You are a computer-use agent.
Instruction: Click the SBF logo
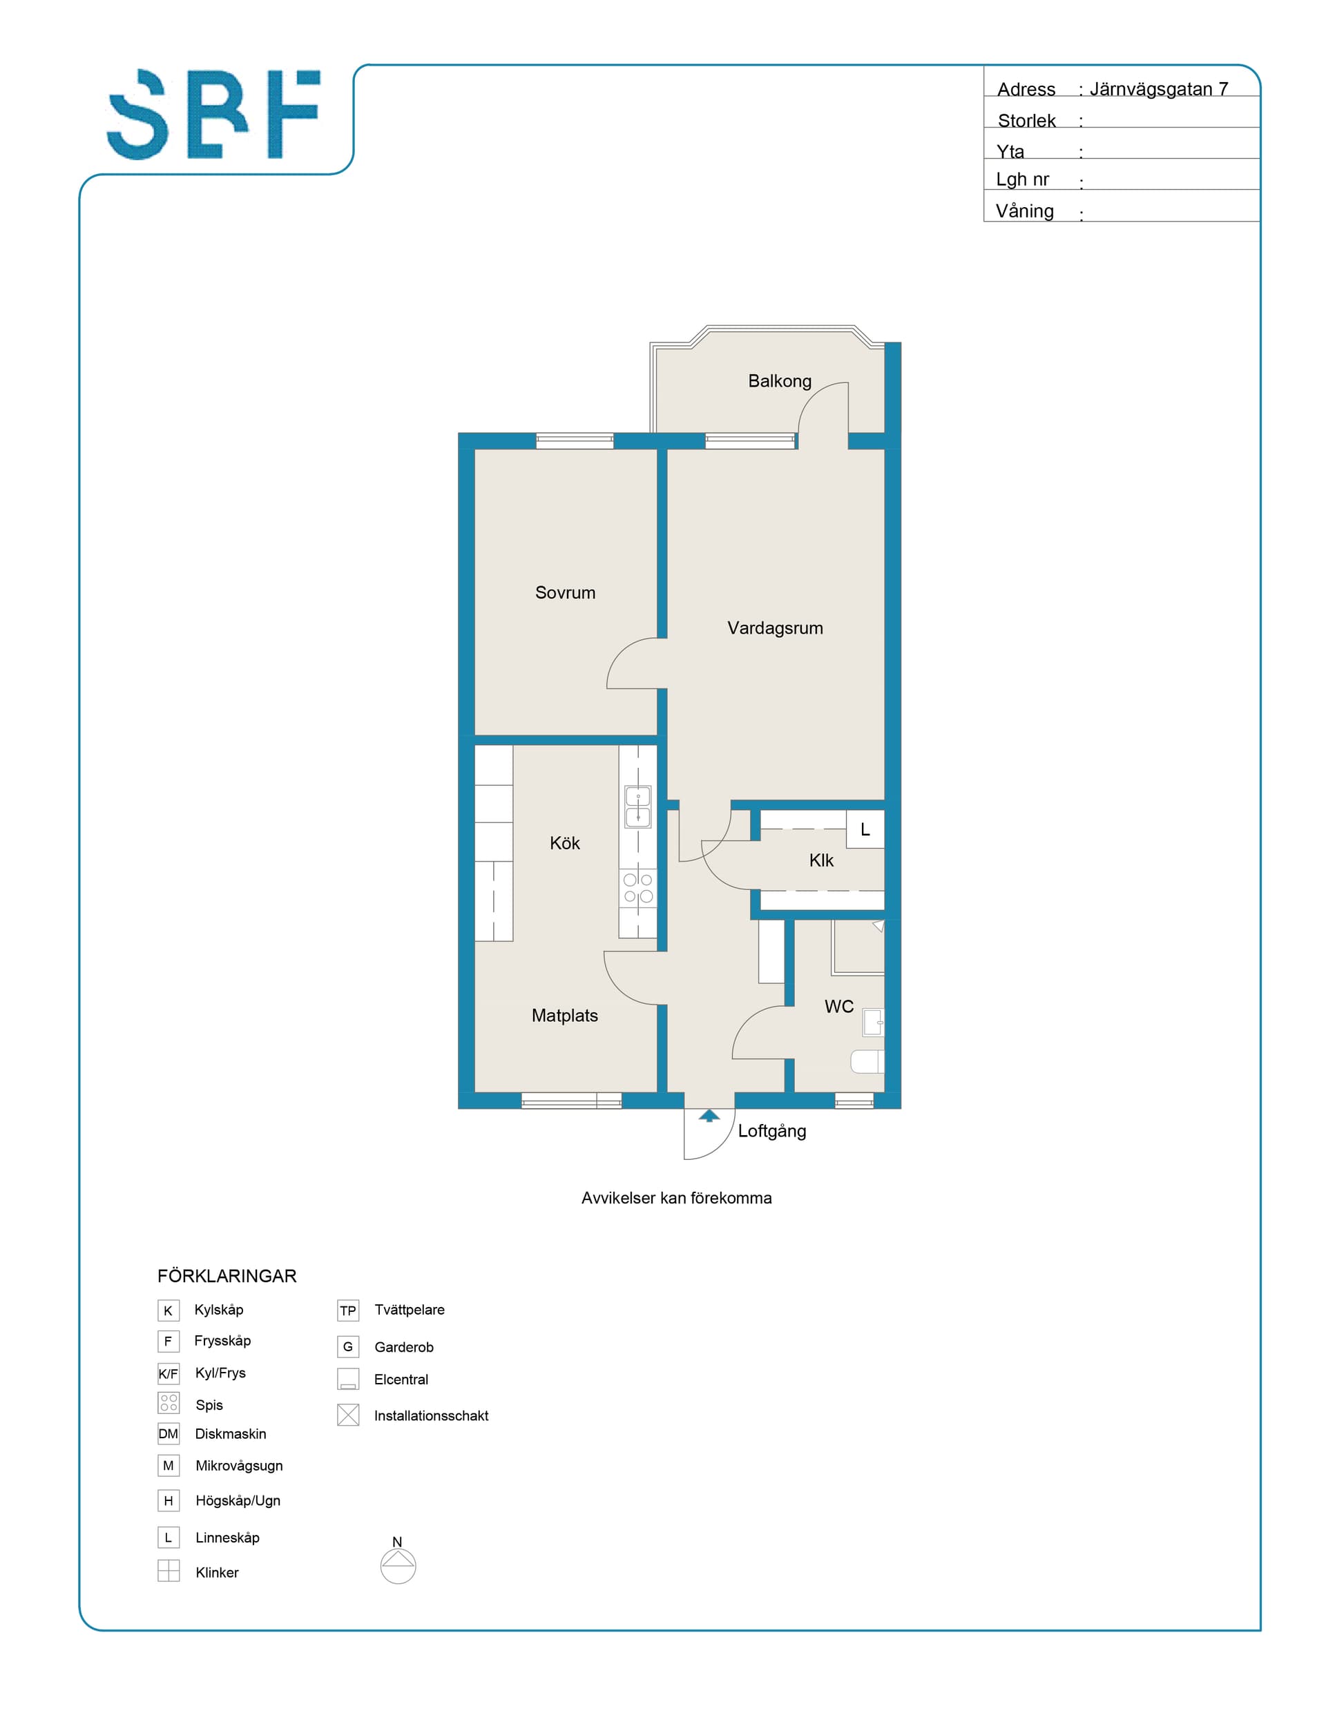click(x=213, y=115)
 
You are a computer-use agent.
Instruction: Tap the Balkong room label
click(x=779, y=381)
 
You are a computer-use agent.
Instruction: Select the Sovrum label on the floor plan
click(x=565, y=593)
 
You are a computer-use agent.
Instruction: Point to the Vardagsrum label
click(x=774, y=628)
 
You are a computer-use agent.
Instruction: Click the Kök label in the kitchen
click(x=564, y=843)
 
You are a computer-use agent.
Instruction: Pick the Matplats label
click(x=564, y=1016)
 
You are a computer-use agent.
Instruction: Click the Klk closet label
click(x=820, y=860)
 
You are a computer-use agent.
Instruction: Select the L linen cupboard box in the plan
click(x=865, y=830)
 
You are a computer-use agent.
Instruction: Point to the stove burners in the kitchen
click(x=638, y=888)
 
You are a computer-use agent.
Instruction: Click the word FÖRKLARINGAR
click(x=227, y=1276)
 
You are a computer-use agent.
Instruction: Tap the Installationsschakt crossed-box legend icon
click(x=347, y=1415)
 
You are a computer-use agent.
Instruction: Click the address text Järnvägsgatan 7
click(x=1158, y=90)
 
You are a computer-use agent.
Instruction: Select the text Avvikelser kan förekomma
click(x=676, y=1198)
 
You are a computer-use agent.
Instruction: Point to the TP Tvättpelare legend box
click(x=347, y=1310)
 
